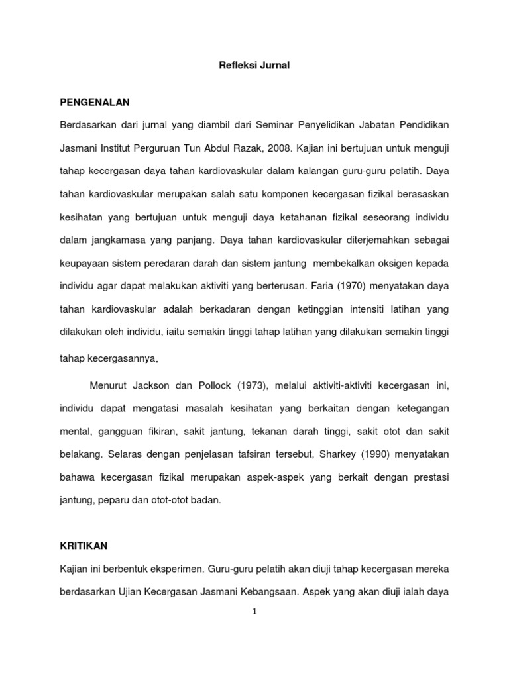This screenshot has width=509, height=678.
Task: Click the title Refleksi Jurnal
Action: point(254,66)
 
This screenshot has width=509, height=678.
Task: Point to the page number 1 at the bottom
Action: point(254,611)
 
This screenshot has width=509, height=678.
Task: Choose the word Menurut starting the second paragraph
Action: point(108,385)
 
